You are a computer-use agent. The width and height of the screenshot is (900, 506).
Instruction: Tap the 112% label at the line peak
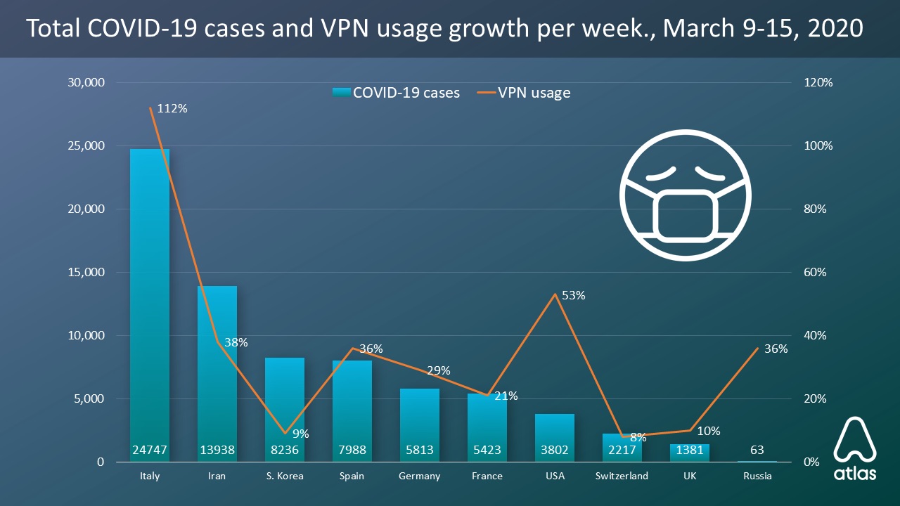[173, 109]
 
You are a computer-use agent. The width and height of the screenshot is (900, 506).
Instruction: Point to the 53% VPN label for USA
[574, 296]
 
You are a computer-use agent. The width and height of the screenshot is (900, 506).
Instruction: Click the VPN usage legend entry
[525, 93]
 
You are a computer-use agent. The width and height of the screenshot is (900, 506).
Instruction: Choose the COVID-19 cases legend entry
[397, 93]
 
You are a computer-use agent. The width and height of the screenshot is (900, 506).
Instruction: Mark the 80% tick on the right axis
[817, 209]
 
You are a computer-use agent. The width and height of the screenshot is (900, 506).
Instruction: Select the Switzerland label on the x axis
[622, 476]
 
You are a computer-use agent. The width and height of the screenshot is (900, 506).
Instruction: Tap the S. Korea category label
[285, 476]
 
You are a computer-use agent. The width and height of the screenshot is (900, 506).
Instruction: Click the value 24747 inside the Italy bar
[150, 450]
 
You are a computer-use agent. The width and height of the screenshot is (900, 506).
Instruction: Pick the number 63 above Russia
[757, 450]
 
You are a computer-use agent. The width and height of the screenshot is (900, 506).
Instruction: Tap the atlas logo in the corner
[855, 449]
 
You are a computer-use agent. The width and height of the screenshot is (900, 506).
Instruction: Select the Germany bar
[420, 422]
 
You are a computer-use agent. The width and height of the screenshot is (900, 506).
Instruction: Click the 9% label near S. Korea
[300, 434]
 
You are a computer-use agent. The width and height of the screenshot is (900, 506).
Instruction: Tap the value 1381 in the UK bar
[690, 450]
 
